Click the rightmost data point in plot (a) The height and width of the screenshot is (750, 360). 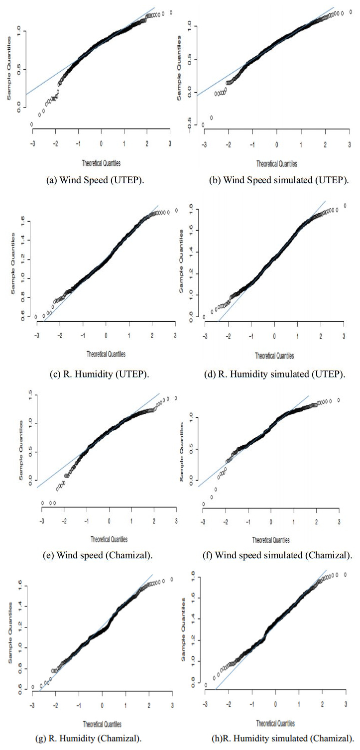tap(171, 12)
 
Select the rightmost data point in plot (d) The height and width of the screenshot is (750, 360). tap(345, 205)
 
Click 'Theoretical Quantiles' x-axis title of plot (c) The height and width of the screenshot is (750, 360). tap(105, 355)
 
